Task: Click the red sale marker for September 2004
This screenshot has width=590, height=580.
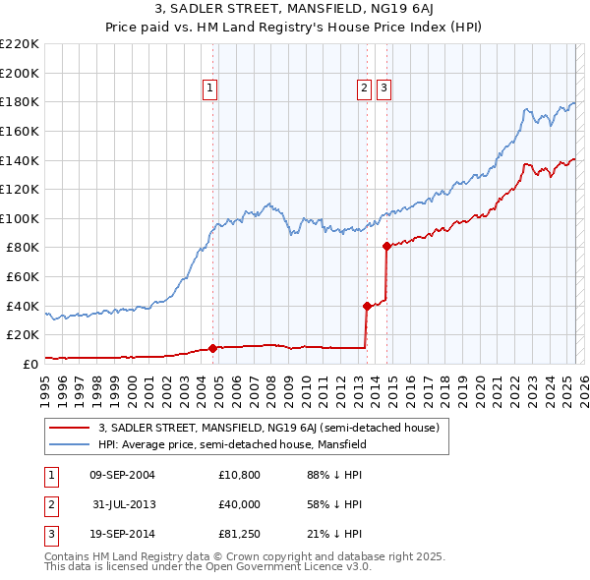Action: pyautogui.click(x=212, y=347)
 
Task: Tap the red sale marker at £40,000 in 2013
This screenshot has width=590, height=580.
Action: pyautogui.click(x=367, y=306)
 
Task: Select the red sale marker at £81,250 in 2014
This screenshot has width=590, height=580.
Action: pyautogui.click(x=386, y=246)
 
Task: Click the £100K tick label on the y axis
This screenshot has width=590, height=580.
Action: pyautogui.click(x=21, y=218)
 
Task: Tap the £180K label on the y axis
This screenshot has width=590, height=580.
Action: pyautogui.click(x=21, y=101)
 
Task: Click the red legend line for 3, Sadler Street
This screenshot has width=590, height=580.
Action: pyautogui.click(x=69, y=428)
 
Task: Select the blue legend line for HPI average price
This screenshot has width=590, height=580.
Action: pyautogui.click(x=69, y=444)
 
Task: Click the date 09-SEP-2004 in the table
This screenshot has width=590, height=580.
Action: pyautogui.click(x=122, y=476)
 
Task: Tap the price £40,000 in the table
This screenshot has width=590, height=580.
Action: pyautogui.click(x=240, y=505)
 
